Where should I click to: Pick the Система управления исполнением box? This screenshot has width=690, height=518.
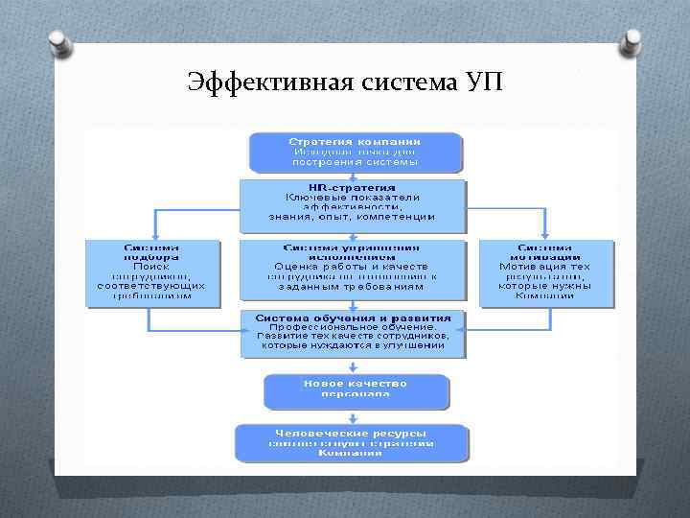pyautogui.click(x=353, y=272)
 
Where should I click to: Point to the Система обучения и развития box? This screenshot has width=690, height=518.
pyautogui.click(x=353, y=334)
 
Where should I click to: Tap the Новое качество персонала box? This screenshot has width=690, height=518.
pyautogui.click(x=356, y=389)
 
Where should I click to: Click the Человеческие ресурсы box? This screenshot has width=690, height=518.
pyautogui.click(x=353, y=442)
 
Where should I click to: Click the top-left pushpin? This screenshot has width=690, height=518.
pyautogui.click(x=57, y=44)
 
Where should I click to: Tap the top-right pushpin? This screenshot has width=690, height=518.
pyautogui.click(x=633, y=42)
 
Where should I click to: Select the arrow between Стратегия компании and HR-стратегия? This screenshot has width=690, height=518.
pyautogui.click(x=354, y=176)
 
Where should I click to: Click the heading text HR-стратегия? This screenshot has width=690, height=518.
pyautogui.click(x=353, y=187)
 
